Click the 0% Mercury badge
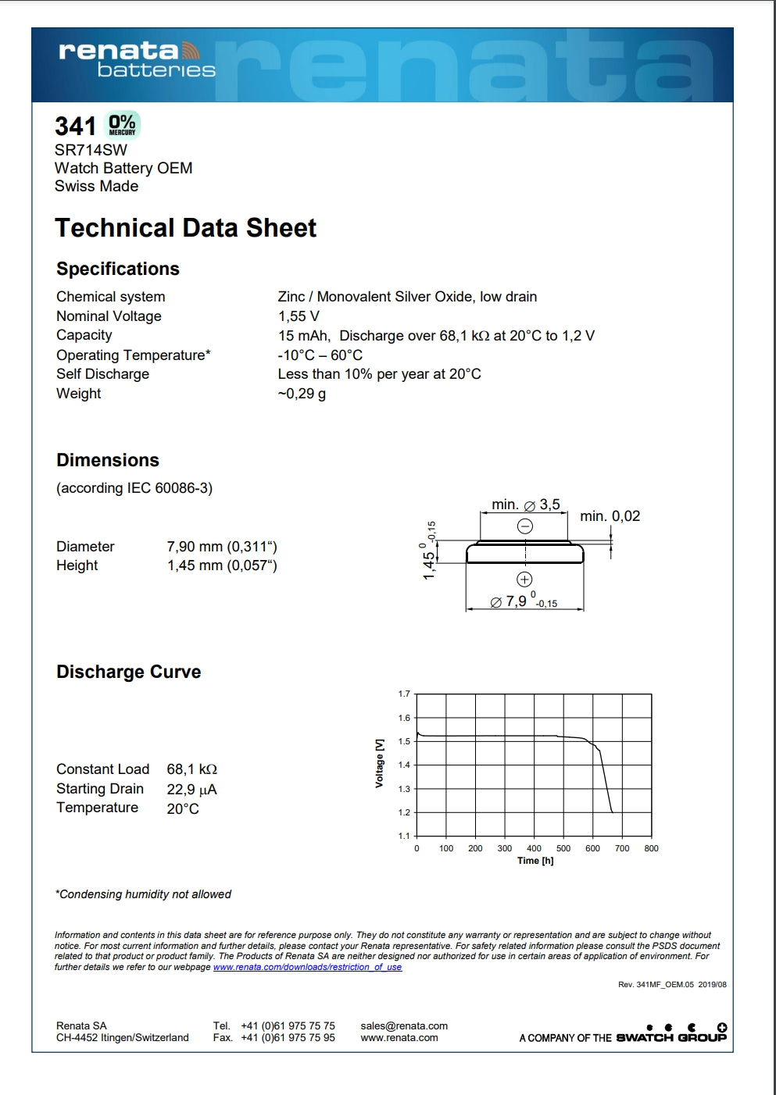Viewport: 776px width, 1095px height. (122, 125)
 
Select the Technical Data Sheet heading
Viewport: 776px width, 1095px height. (185, 228)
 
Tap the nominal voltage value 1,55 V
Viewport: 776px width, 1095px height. (299, 316)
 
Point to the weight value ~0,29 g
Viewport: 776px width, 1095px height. (302, 394)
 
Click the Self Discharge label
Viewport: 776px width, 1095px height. (102, 374)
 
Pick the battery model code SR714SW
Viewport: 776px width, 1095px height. (91, 150)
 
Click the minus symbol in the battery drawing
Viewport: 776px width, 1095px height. (525, 526)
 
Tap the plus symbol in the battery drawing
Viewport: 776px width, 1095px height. (524, 580)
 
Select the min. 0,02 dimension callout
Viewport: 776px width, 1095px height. (610, 516)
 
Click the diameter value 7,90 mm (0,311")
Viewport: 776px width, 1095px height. (222, 547)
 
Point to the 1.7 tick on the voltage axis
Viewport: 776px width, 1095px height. (404, 694)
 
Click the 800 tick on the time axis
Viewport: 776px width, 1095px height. (651, 848)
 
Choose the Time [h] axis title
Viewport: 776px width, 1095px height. (535, 861)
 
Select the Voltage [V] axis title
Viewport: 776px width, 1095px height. (380, 763)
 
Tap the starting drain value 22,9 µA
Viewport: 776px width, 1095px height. (191, 790)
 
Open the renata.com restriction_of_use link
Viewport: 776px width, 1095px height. (307, 967)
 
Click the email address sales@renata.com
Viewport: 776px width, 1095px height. (404, 1026)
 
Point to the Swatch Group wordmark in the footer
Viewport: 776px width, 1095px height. (671, 1038)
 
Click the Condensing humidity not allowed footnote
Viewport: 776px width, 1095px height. (143, 894)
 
